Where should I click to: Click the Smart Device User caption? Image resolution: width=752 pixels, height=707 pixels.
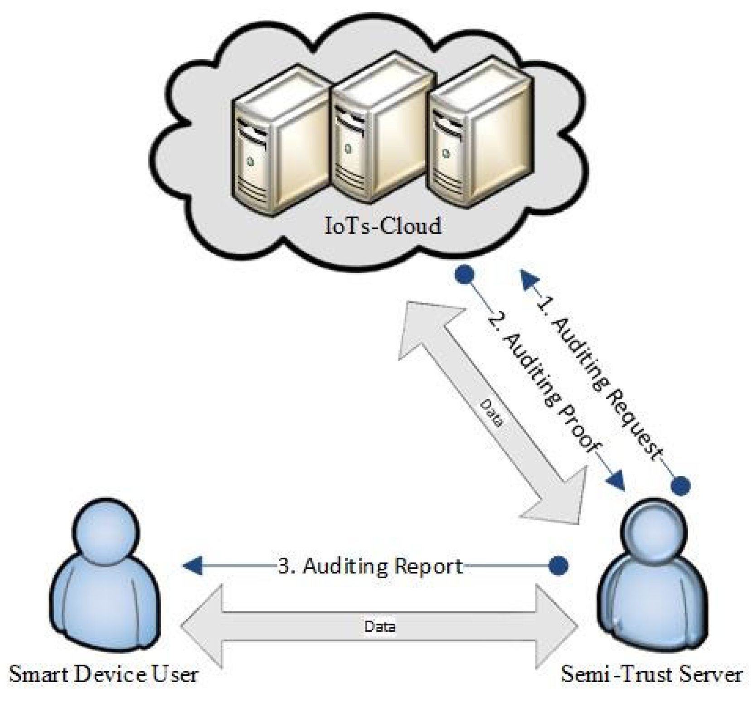[x=103, y=674]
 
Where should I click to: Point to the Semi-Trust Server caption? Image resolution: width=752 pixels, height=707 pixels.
[x=651, y=674]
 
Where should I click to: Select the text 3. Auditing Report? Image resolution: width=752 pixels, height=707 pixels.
[x=369, y=566]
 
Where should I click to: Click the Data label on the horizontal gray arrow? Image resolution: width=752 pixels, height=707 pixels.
[x=380, y=627]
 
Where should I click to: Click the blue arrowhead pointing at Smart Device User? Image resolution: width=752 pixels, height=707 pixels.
[x=192, y=566]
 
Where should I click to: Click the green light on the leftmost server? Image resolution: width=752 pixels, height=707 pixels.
[x=250, y=161]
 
